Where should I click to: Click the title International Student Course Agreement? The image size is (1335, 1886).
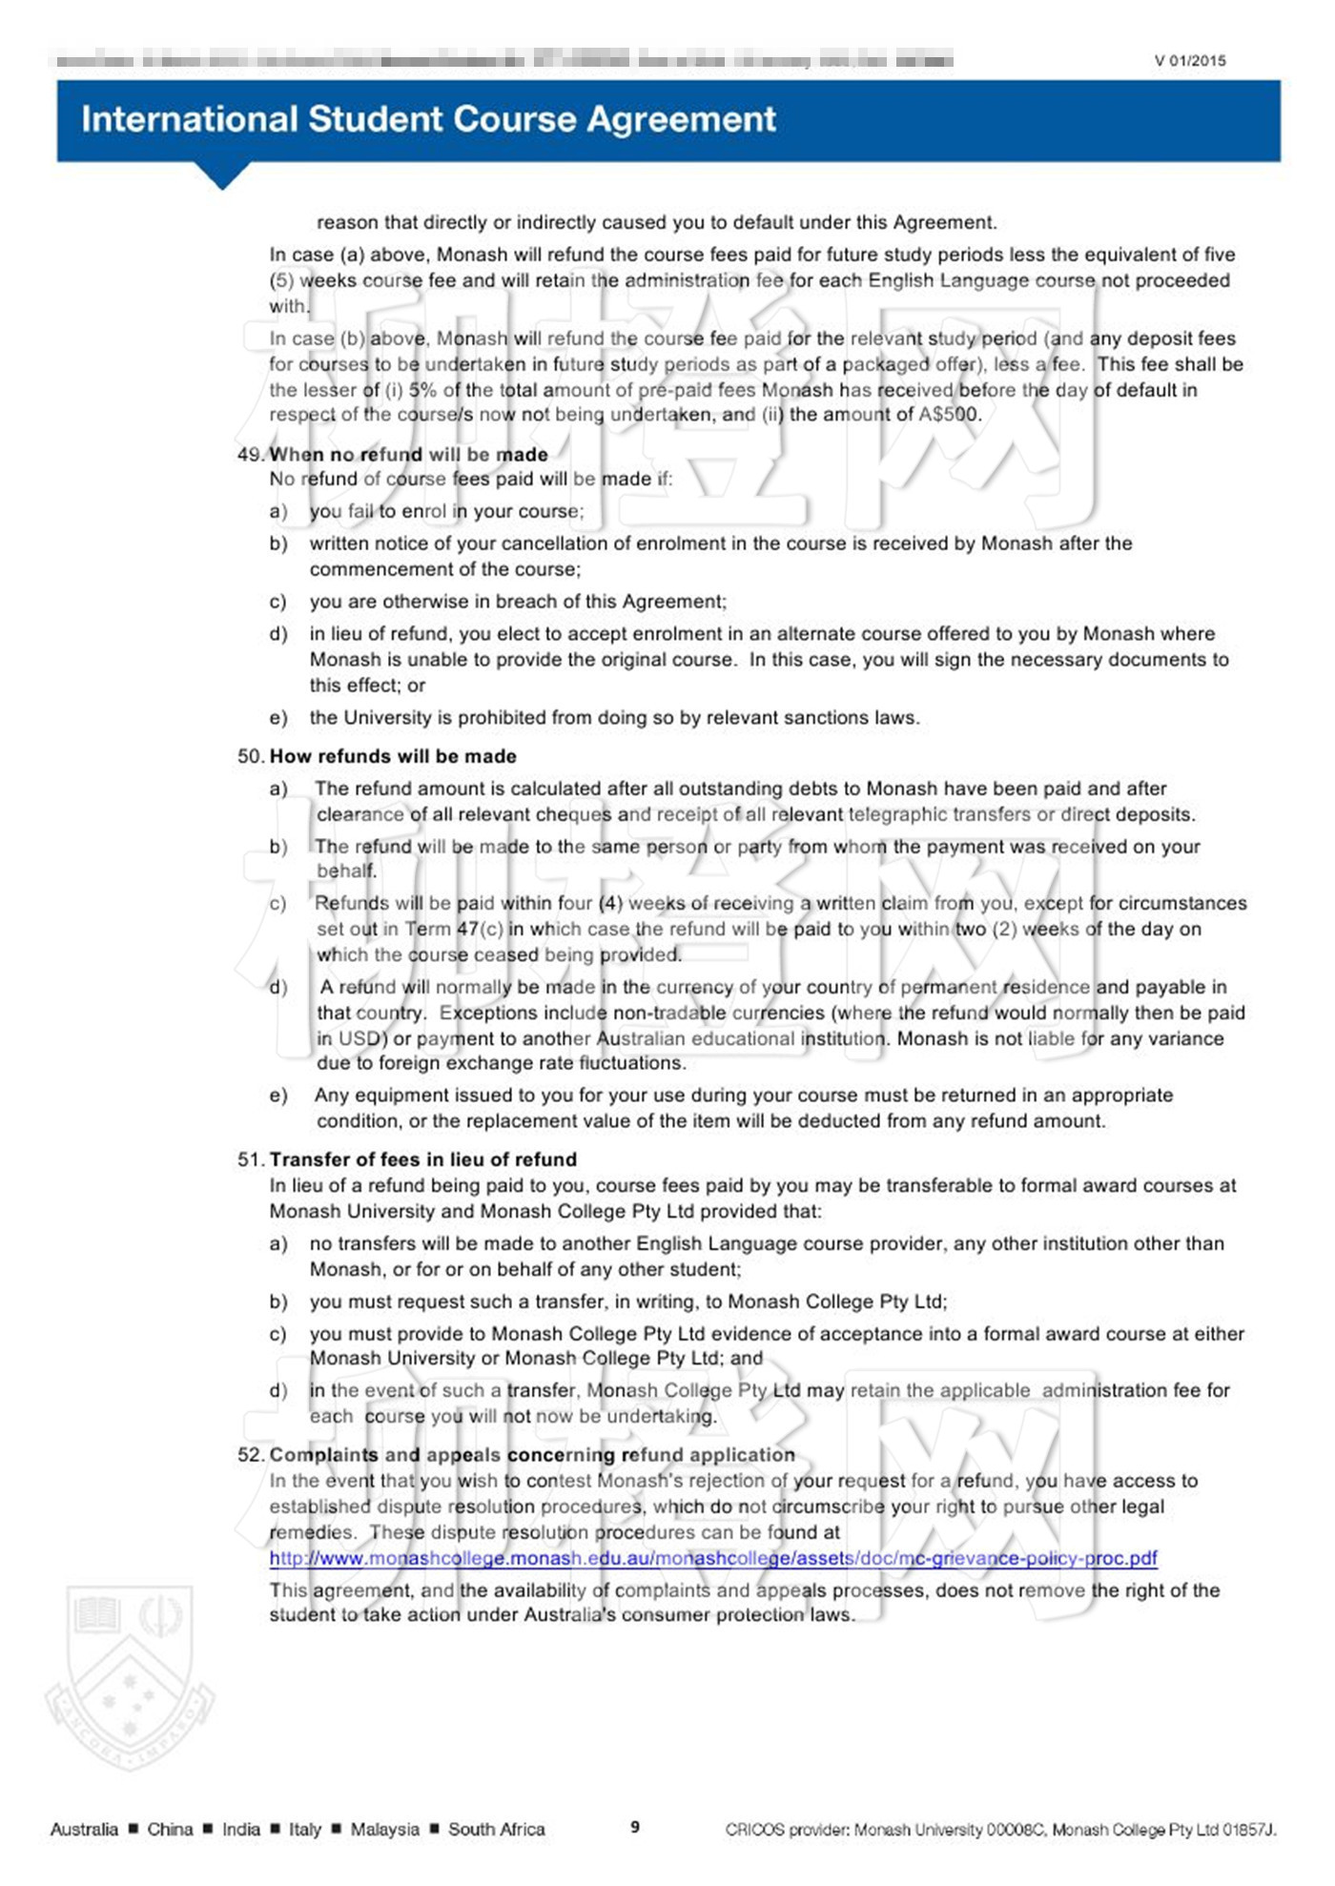coord(428,119)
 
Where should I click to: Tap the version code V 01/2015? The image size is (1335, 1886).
coord(1189,61)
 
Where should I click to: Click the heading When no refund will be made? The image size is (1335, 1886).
coord(408,454)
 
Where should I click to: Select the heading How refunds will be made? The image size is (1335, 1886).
coord(393,756)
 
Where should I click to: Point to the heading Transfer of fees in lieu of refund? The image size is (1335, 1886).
coord(422,1159)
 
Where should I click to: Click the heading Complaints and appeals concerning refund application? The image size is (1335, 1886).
coord(532,1455)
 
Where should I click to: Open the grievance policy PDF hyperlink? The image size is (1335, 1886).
coord(712,1558)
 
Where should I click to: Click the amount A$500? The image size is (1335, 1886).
coord(948,415)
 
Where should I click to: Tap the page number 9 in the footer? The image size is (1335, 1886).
coord(635,1827)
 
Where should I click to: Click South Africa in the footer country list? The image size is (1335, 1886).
coord(496,1829)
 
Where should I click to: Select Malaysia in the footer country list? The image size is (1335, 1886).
coord(384,1829)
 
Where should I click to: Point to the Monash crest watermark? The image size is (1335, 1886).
coord(130,1678)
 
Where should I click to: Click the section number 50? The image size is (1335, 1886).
coord(250,756)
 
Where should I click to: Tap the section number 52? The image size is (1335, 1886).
coord(250,1455)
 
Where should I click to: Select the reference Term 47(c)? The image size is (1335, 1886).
coord(454,929)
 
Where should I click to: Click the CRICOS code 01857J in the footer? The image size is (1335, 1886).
coord(1248,1829)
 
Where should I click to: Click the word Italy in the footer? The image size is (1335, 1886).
coord(305,1829)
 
